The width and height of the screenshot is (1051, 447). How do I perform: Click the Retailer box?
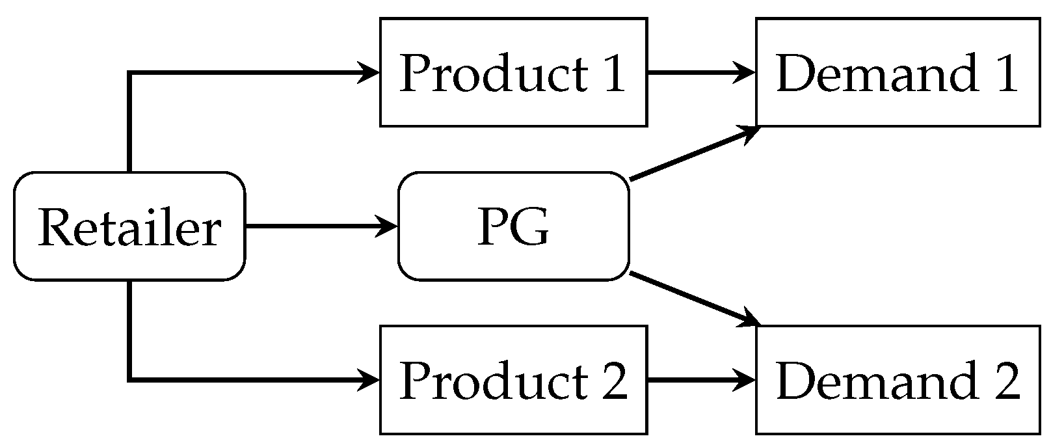pyautogui.click(x=129, y=226)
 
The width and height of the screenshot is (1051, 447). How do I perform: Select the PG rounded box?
pyautogui.click(x=513, y=226)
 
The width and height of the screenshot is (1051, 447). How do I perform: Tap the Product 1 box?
pyautogui.click(x=513, y=72)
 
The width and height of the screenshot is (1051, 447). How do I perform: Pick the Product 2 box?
pyautogui.click(x=513, y=380)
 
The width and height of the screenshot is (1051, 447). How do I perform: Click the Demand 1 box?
pyautogui.click(x=897, y=72)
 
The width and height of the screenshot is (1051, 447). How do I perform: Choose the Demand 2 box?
pyautogui.click(x=897, y=380)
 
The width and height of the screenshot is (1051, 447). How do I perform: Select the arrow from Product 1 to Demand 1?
pyautogui.click(x=696, y=72)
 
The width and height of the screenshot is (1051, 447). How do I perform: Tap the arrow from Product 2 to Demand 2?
pyautogui.click(x=696, y=380)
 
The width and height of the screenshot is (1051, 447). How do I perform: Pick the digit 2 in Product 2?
pyautogui.click(x=614, y=381)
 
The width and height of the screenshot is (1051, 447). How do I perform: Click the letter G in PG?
pyautogui.click(x=529, y=228)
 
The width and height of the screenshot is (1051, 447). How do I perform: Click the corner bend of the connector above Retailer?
pyautogui.click(x=130, y=73)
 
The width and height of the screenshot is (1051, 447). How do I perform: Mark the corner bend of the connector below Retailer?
pyautogui.click(x=130, y=379)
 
